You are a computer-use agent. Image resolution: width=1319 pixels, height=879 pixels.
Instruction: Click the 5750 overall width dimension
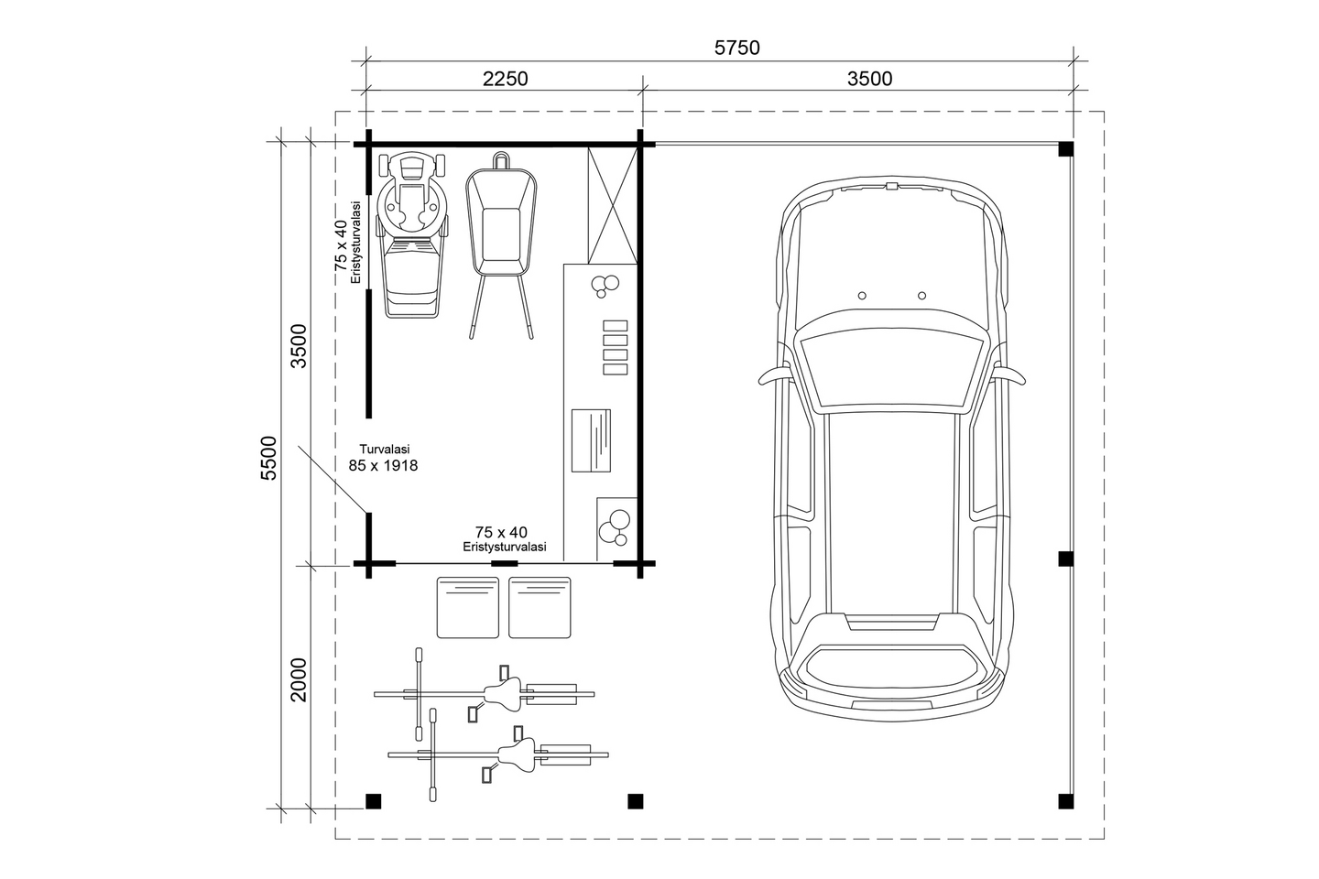[x=736, y=48]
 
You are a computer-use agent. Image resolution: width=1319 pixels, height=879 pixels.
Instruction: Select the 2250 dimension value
[x=505, y=79]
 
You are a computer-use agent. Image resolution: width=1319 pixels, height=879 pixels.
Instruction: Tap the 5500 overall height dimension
[x=268, y=458]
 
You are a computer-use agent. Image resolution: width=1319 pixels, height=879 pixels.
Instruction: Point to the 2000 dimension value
[x=299, y=678]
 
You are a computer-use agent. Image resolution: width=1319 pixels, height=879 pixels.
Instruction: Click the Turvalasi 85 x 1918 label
[x=383, y=458]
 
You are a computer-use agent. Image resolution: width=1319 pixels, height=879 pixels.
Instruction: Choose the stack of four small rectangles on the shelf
[x=615, y=347]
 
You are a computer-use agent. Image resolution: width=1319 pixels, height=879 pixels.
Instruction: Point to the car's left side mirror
[x=771, y=375]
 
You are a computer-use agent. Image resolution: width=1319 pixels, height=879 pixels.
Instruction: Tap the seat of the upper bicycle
[x=503, y=693]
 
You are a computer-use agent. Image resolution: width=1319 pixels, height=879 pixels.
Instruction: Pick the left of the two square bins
[x=468, y=607]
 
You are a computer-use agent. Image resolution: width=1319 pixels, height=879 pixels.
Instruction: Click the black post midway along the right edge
[x=1065, y=559]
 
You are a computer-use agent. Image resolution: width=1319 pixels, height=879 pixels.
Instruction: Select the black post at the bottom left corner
[x=372, y=801]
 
